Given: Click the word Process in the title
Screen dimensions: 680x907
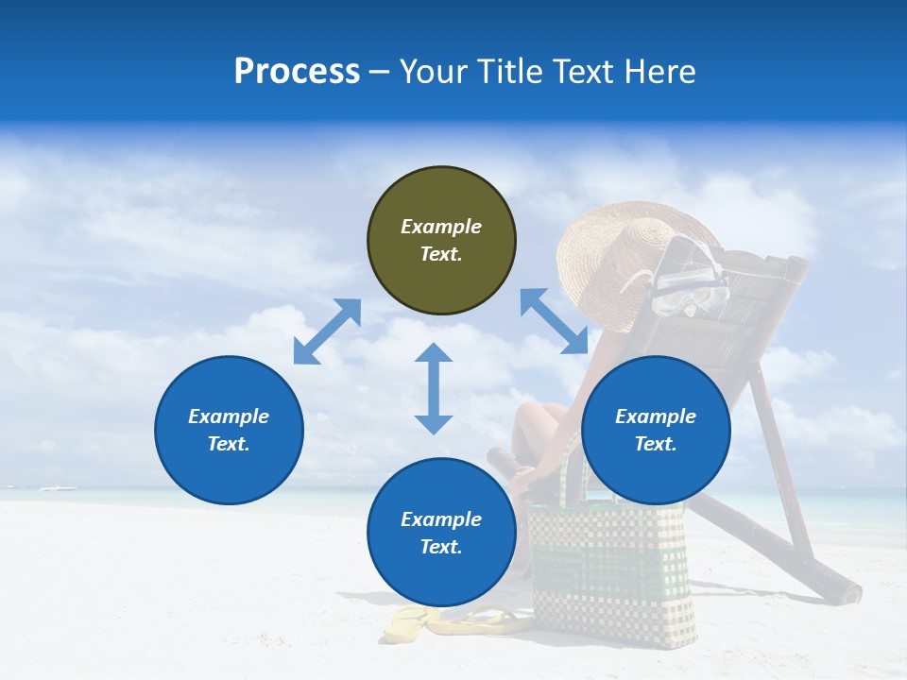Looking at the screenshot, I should tap(297, 72).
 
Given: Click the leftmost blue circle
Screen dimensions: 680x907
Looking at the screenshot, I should tap(229, 430).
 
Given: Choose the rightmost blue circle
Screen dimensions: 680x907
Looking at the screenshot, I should tap(656, 430).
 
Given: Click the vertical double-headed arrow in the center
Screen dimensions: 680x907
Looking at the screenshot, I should tap(434, 388).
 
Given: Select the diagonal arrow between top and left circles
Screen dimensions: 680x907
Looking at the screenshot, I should tap(327, 331).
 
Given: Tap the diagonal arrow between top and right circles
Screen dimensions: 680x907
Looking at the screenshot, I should tap(554, 321).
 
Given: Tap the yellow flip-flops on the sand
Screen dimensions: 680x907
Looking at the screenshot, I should tap(453, 622).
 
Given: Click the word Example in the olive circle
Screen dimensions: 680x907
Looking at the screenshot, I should tap(441, 227).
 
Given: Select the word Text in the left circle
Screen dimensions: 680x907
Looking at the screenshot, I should tap(229, 444).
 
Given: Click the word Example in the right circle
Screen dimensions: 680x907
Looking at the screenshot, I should tap(656, 416).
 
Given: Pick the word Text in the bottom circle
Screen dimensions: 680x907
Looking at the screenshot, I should tap(441, 547).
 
